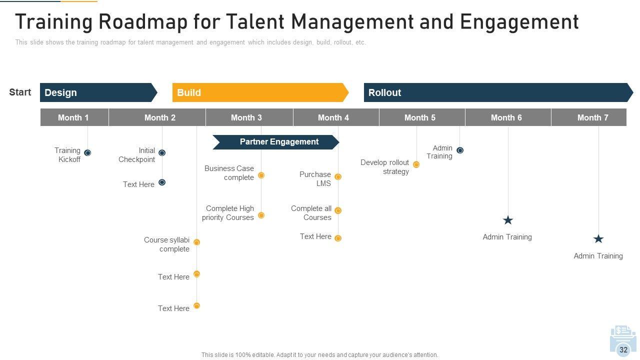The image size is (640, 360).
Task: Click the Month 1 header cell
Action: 74,117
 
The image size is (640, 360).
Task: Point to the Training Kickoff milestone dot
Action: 87,152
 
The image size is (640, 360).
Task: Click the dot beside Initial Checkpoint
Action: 162,152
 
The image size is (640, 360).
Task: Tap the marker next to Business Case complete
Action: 261,175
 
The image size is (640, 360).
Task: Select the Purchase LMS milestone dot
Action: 338,176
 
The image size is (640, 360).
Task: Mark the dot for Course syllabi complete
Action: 196,242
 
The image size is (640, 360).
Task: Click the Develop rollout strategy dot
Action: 416,164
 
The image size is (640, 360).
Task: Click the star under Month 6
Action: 508,220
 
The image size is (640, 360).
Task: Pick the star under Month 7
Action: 598,239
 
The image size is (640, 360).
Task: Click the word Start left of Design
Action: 20,92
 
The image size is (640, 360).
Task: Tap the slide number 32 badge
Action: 623,350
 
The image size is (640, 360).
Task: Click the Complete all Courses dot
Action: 338,210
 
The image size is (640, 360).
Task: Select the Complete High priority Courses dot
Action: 261,215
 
